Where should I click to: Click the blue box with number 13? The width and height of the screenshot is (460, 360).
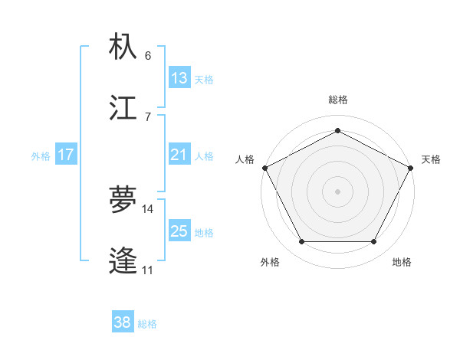point(179,78)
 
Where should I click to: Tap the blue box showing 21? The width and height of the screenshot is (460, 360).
point(179,155)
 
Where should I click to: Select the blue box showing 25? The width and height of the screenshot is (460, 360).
point(179,232)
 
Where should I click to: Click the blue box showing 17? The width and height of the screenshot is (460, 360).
point(66,155)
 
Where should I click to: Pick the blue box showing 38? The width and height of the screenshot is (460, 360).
point(123,323)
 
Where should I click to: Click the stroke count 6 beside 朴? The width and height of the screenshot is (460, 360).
point(148,56)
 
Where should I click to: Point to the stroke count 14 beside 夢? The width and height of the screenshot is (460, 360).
point(148,208)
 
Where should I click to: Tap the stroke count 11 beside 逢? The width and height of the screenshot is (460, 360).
point(148,270)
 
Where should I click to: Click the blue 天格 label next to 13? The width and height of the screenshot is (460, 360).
point(204,79)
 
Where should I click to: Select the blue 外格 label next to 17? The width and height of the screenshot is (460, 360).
point(41,156)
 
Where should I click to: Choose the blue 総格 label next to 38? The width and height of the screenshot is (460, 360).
point(147,324)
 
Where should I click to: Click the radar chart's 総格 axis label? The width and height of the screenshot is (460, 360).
point(338,100)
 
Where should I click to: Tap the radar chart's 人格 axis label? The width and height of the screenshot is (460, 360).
point(245,159)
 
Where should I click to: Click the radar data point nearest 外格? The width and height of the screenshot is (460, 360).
point(301,242)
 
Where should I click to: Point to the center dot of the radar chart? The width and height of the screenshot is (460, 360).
point(337,191)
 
